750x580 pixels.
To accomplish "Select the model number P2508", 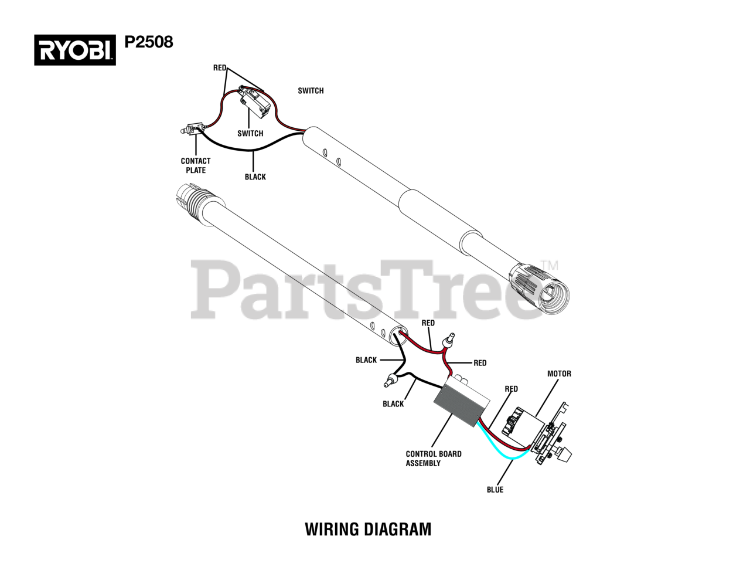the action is tap(149, 42).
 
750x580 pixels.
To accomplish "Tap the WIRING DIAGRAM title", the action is tap(368, 529).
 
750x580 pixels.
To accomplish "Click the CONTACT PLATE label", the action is tap(195, 165).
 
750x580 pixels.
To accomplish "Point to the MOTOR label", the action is tap(558, 374).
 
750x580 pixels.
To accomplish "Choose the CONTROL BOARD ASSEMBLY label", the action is tap(433, 458).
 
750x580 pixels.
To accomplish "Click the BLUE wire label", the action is tap(495, 490).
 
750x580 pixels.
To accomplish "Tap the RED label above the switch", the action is tap(220, 68).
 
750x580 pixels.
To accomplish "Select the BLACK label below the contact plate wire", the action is tap(255, 177).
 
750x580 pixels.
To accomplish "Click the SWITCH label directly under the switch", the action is tap(250, 133).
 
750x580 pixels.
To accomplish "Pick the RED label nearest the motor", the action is tap(511, 389).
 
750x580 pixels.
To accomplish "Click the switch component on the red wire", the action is tap(255, 101).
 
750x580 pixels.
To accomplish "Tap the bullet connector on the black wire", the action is tap(389, 381).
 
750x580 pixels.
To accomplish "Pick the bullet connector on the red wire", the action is tap(451, 340).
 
